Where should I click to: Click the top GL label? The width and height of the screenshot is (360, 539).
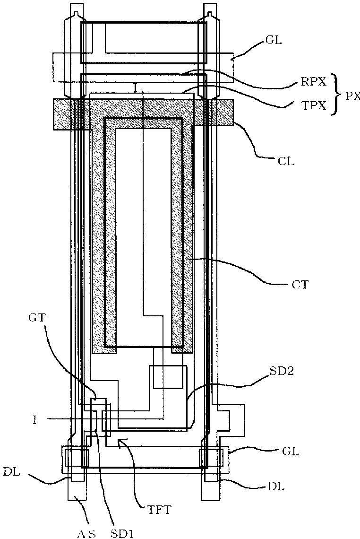[274, 41]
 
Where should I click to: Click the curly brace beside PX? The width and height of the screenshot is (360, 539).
[336, 94]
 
